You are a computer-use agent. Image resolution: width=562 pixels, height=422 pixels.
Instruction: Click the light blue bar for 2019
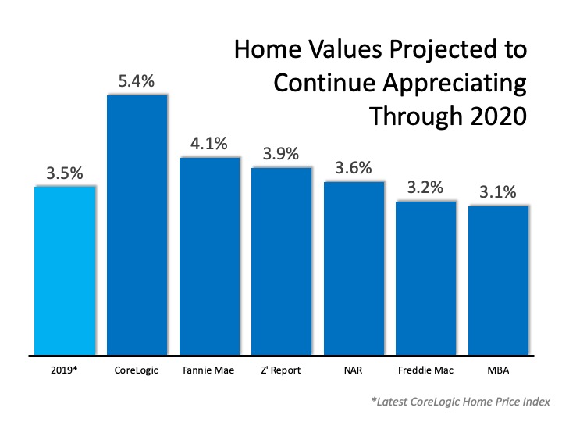click(65, 270)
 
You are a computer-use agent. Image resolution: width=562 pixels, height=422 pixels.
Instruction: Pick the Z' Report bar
click(281, 260)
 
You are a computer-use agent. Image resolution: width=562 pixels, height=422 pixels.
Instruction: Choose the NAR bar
click(354, 267)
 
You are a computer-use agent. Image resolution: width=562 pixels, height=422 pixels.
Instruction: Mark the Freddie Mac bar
click(426, 277)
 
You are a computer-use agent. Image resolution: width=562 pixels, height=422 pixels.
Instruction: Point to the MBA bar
click(498, 280)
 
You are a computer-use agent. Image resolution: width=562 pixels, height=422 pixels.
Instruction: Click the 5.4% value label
click(137, 80)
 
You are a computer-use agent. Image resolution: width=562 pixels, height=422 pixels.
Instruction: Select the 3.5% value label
click(65, 173)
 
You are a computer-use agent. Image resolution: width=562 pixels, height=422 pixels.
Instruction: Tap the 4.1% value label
click(209, 144)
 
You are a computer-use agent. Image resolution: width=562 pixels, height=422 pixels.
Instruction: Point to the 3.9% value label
click(281, 154)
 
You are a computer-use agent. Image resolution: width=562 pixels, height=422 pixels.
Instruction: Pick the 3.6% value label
click(354, 168)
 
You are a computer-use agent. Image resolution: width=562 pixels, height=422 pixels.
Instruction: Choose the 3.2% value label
click(426, 188)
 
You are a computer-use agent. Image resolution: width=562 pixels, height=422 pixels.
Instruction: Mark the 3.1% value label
click(498, 192)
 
